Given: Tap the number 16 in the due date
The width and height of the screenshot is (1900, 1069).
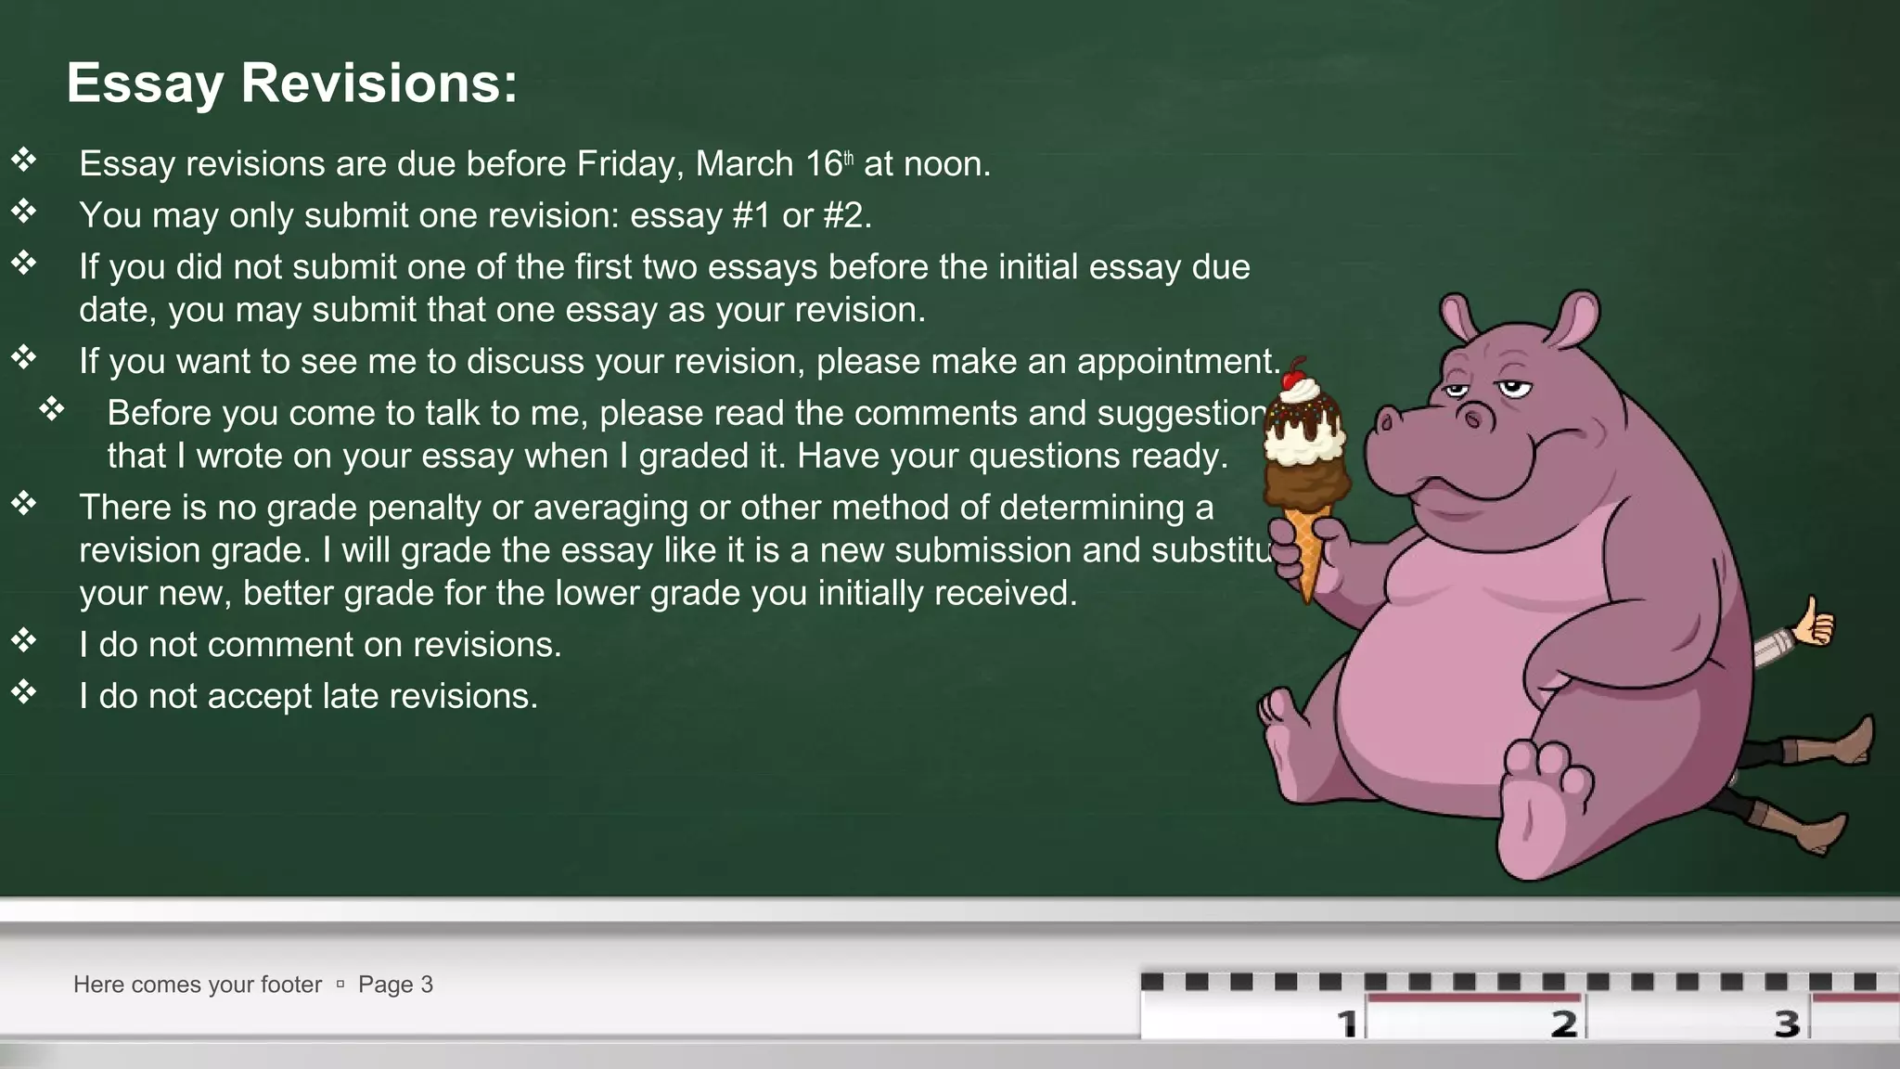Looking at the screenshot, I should click(x=823, y=164).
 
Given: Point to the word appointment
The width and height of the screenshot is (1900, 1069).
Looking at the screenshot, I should click(x=1176, y=361).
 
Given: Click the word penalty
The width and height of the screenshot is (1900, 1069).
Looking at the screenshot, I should click(x=427, y=508).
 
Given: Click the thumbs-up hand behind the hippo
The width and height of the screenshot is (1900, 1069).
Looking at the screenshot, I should click(x=1813, y=624).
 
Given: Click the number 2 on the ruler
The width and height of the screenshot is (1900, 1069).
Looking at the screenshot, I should click(x=1564, y=1024).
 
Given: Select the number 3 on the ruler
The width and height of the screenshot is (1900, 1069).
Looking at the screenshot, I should click(x=1787, y=1024).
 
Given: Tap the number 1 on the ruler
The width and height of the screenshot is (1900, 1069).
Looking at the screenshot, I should click(x=1347, y=1024).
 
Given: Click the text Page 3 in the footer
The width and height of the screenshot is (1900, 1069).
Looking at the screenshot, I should click(x=395, y=985).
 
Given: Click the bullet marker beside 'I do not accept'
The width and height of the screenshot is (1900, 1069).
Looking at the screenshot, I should click(x=23, y=692).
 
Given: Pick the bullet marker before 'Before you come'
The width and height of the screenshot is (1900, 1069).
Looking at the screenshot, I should click(x=52, y=409).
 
